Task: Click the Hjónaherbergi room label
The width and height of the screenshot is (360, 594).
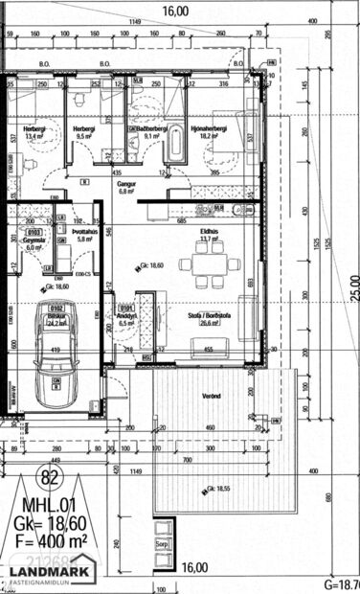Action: (208, 129)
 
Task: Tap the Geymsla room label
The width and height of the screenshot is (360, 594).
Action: (34, 240)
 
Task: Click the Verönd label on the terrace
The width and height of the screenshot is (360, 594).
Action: (213, 395)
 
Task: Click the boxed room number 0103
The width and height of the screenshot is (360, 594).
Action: (34, 231)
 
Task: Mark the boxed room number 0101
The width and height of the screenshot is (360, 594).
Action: (125, 308)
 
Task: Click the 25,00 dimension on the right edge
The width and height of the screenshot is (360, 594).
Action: (352, 286)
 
